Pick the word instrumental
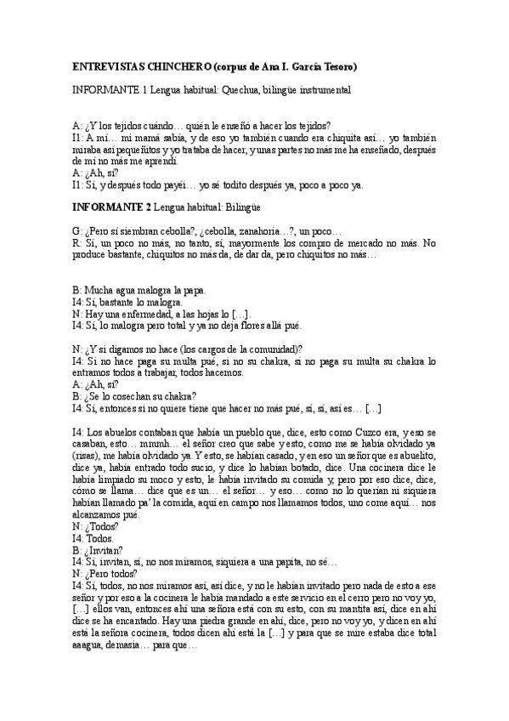tap(320, 88)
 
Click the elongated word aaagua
tap(93, 645)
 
